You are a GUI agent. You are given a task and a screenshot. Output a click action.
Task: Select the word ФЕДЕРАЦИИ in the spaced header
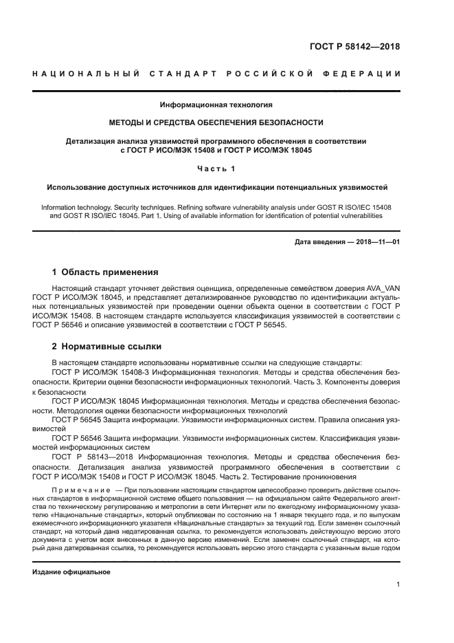pyautogui.click(x=364, y=74)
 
